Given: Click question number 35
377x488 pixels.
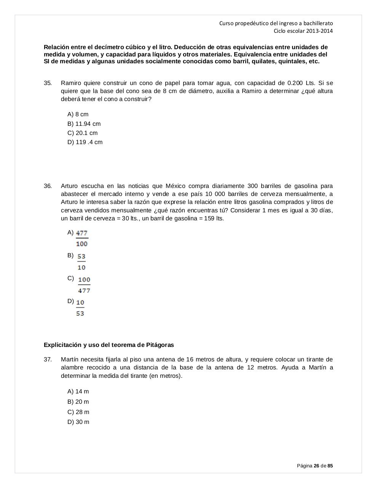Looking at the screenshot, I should click(x=48, y=83).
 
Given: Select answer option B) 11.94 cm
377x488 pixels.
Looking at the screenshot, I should click(x=84, y=124).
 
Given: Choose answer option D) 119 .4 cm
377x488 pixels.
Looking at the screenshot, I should click(x=85, y=142).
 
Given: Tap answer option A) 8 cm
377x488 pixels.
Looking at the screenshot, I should click(x=78, y=114).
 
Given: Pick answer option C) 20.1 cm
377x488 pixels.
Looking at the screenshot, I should click(x=82, y=133).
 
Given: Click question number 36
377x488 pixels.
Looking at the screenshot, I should click(x=48, y=186).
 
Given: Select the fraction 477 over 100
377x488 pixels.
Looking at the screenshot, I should click(x=81, y=238).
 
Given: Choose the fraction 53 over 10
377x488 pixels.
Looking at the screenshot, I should click(x=81, y=262).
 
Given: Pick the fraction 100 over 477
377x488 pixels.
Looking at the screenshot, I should click(x=84, y=285).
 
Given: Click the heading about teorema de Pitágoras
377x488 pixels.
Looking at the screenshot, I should click(x=109, y=345).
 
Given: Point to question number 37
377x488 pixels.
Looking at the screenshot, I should click(x=48, y=360).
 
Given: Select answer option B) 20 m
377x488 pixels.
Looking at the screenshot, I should click(x=78, y=402).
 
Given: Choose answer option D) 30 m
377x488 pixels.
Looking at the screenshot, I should click(x=78, y=422).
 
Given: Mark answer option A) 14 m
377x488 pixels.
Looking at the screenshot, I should click(x=78, y=392).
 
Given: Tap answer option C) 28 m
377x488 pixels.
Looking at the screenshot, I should click(x=78, y=412).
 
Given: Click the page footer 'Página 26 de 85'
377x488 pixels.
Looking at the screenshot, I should click(x=315, y=466).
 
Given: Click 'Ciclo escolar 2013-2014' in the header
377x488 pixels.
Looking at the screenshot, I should click(x=303, y=31).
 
